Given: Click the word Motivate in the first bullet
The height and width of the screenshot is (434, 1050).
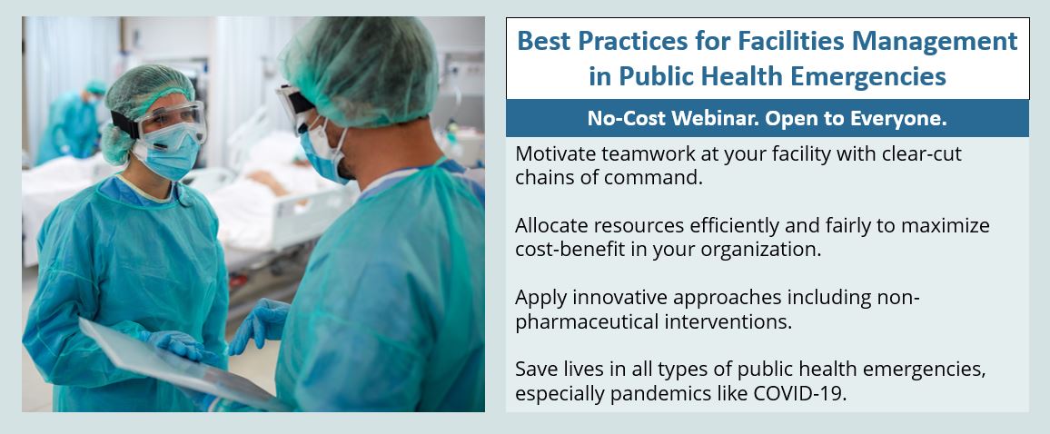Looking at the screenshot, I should pos(553,154).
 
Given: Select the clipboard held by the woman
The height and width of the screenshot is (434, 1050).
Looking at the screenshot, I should pos(173,362).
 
